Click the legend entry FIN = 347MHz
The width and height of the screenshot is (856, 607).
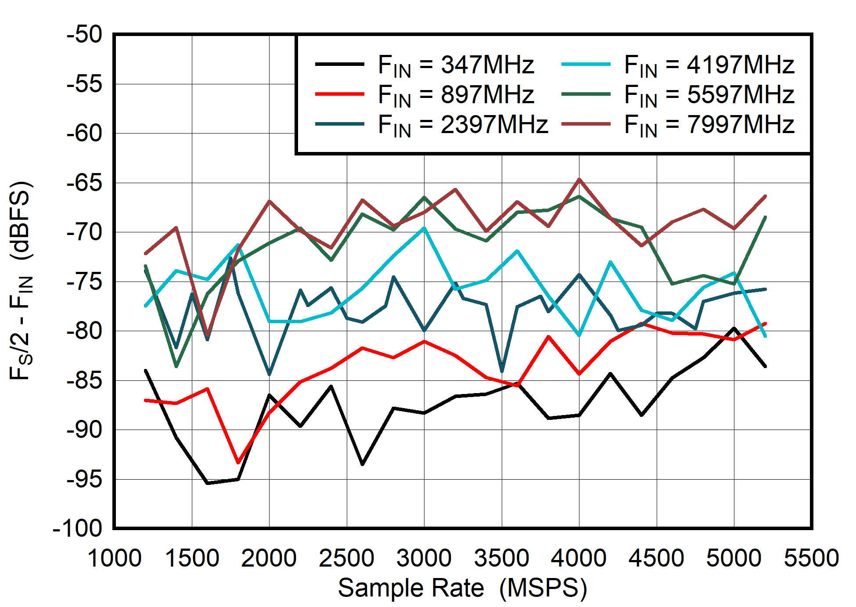[455, 65]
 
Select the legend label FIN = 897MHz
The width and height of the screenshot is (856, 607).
[455, 95]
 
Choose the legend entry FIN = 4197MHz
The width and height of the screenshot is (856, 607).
[709, 65]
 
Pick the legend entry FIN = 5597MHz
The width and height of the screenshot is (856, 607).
[709, 95]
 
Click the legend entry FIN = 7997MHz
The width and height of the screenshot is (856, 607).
[709, 124]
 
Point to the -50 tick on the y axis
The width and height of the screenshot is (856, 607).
[84, 34]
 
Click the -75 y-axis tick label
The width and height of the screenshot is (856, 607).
[84, 282]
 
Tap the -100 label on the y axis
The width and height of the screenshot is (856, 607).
[78, 528]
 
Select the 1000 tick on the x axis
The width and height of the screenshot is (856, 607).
[114, 558]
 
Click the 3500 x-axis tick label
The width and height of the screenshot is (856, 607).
[501, 558]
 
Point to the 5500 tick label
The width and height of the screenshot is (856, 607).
[811, 558]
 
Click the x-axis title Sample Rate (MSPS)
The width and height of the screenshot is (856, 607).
[462, 588]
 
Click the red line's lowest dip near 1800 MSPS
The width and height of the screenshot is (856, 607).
[238, 462]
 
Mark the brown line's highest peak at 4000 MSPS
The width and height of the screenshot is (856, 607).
[579, 179]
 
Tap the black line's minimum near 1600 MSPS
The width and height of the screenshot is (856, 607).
[207, 483]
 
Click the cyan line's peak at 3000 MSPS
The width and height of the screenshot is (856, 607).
[424, 228]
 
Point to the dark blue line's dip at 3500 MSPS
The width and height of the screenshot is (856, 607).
[502, 372]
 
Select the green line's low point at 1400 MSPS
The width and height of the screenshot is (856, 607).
[176, 366]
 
